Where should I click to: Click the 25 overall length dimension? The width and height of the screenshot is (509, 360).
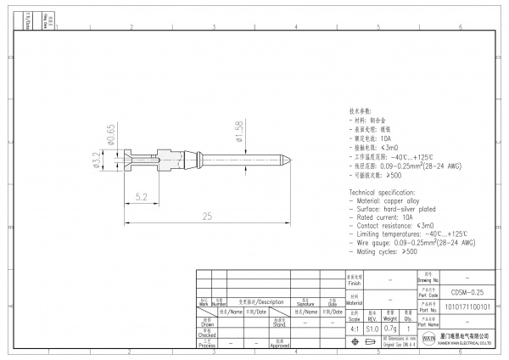click(x=208, y=217)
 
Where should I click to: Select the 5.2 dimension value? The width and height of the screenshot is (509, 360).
click(x=143, y=196)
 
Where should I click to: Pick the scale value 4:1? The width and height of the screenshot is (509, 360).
click(x=354, y=327)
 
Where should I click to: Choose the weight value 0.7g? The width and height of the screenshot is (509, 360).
click(x=391, y=327)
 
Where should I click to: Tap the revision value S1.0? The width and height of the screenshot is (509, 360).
click(x=372, y=327)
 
